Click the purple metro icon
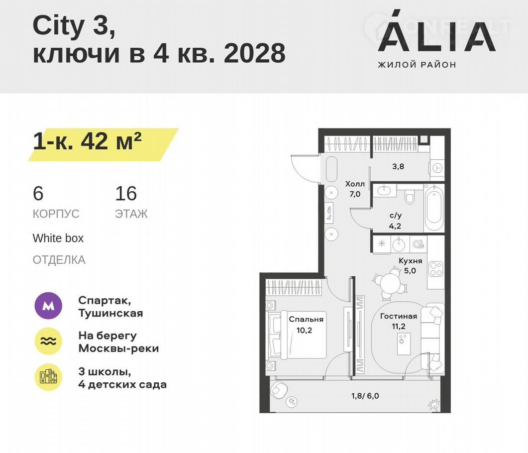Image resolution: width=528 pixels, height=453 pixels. (x=48, y=306)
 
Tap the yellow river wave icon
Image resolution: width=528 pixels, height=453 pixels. (x=48, y=341)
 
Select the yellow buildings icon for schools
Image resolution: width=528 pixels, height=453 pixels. (x=48, y=377)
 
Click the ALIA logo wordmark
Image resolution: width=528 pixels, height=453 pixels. (x=437, y=32)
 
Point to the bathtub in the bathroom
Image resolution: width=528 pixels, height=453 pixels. (x=434, y=207)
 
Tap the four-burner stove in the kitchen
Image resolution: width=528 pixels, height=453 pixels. (x=436, y=269)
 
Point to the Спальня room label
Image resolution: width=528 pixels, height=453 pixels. (x=306, y=319)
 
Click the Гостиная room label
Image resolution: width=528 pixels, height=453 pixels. (x=399, y=316)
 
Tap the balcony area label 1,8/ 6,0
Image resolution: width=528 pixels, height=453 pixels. (x=365, y=396)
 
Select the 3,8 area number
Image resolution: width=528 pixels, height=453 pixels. (x=398, y=166)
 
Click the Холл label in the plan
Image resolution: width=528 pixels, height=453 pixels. (x=355, y=184)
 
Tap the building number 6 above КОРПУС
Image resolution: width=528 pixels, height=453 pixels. (x=38, y=193)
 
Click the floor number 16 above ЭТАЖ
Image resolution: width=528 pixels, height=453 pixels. (x=126, y=193)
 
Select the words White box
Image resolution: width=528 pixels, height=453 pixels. (x=58, y=238)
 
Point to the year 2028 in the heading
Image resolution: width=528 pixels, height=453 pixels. (x=255, y=53)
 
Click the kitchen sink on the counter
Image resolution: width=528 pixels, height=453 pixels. (x=400, y=243)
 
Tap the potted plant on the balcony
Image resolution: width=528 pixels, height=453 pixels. (x=434, y=405)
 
